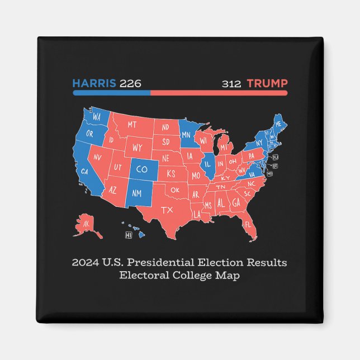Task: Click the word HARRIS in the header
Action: (x=94, y=84)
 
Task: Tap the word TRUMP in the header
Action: (x=267, y=84)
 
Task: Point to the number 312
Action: (x=231, y=84)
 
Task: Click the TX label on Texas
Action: (x=167, y=210)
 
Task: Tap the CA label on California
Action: (x=86, y=171)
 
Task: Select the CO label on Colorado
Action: (x=142, y=168)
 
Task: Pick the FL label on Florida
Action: (x=247, y=225)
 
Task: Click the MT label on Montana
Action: (x=132, y=124)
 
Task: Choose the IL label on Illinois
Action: (x=208, y=165)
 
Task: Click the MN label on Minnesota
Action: (x=187, y=135)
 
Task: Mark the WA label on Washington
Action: (x=97, y=117)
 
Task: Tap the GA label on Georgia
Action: (x=237, y=203)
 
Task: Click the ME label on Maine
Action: (x=278, y=124)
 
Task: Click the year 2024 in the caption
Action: (x=84, y=262)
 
